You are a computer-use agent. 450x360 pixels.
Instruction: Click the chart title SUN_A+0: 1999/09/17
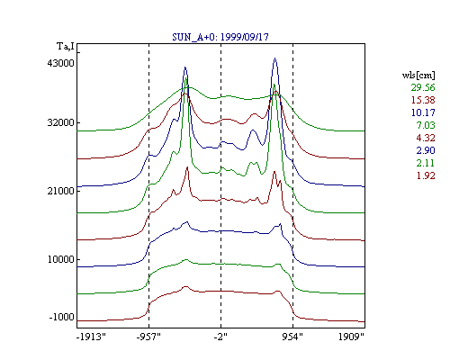click(x=220, y=37)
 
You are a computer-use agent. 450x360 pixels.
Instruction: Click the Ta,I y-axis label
click(x=66, y=47)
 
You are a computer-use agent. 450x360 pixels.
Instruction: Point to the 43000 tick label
click(x=60, y=63)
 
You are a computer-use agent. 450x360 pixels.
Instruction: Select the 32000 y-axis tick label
click(x=60, y=122)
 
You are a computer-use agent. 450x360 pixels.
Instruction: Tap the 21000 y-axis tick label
click(x=60, y=191)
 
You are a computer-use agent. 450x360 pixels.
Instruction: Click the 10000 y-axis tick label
click(x=60, y=259)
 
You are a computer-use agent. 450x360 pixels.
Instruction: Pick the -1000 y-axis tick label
click(x=61, y=317)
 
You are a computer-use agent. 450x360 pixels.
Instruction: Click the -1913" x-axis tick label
click(x=91, y=337)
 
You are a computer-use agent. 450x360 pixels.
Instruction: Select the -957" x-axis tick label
click(x=148, y=337)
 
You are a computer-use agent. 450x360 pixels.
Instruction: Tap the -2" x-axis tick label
click(x=220, y=337)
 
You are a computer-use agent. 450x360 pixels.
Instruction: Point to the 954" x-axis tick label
click(x=292, y=337)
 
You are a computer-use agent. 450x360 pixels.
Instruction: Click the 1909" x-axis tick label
click(x=351, y=337)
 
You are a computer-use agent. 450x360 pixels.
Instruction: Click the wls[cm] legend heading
click(x=418, y=75)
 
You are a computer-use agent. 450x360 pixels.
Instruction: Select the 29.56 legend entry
click(x=423, y=87)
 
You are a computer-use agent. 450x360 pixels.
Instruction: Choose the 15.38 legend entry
click(x=423, y=100)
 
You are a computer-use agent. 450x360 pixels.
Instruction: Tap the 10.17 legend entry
click(x=423, y=112)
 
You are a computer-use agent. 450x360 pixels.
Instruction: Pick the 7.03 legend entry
click(x=426, y=125)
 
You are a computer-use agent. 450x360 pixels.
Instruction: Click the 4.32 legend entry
click(x=426, y=138)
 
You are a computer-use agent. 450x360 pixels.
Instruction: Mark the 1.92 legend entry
click(x=426, y=175)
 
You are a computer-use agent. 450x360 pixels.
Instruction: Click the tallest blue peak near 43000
click(x=274, y=58)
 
